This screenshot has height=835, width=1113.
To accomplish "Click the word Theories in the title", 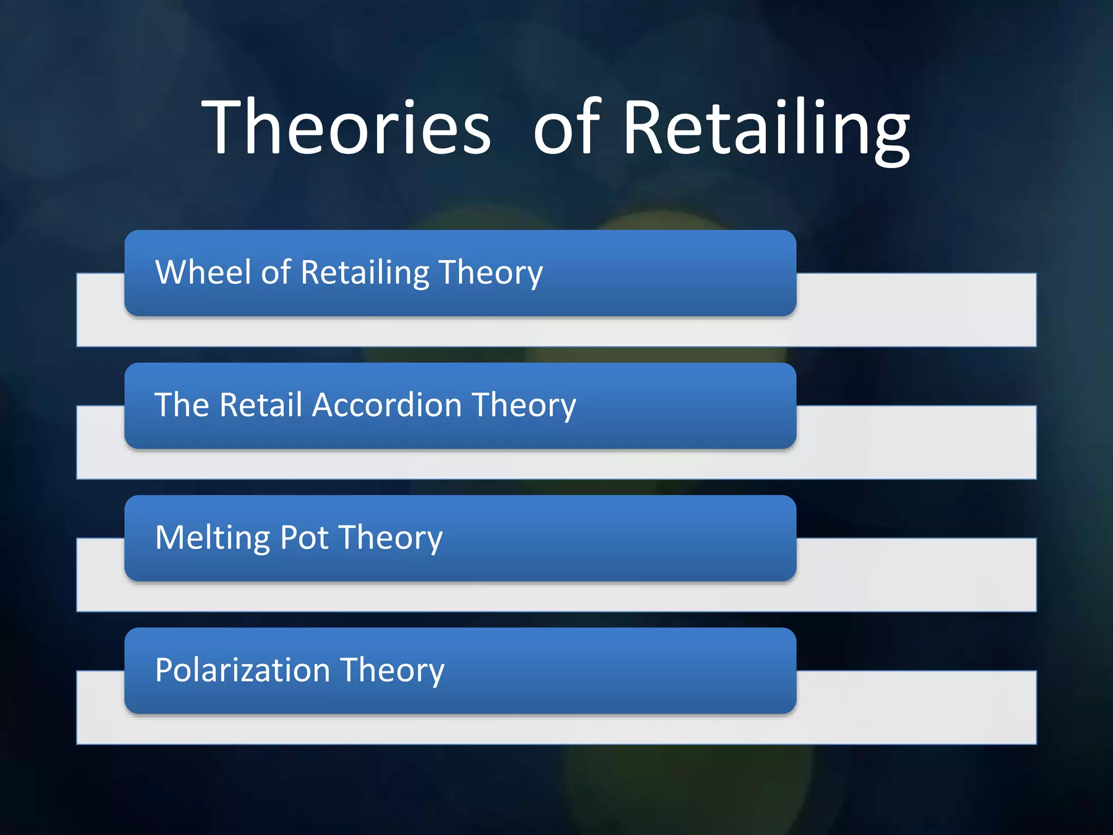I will [346, 127].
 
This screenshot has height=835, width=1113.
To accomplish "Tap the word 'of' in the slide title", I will [568, 127].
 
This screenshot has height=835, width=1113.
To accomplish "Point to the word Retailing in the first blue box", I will [365, 273].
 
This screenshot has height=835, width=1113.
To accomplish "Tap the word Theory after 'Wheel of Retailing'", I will [490, 273].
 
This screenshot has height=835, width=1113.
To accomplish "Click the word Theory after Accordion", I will [524, 406].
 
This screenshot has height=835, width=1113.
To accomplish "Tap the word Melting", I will [212, 538].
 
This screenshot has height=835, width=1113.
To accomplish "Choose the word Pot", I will [304, 538].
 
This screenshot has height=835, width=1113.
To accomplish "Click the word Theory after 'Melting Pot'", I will [391, 538].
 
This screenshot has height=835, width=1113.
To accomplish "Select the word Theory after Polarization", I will [392, 671].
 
